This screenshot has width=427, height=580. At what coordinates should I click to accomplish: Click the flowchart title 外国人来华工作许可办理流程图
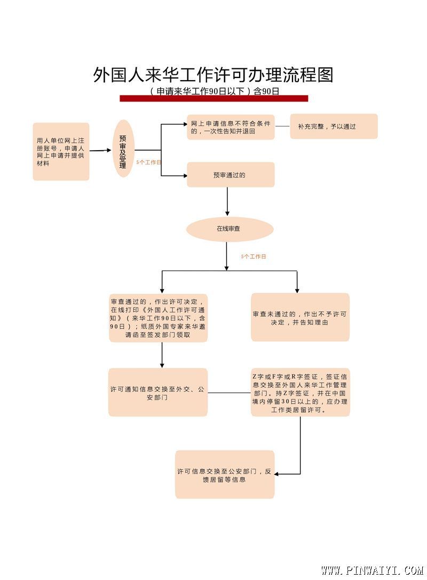(213, 74)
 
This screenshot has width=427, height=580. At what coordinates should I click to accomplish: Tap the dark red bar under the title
(213, 98)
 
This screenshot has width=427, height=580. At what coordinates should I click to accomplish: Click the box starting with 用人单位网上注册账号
(61, 152)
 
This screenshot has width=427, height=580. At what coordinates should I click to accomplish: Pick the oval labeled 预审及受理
(123, 148)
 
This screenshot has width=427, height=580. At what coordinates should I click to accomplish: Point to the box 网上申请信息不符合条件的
(231, 127)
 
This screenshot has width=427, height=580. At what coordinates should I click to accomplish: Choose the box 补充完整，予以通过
(334, 127)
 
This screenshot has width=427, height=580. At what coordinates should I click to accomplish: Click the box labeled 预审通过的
(231, 175)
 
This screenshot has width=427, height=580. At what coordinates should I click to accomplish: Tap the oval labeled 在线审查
(230, 229)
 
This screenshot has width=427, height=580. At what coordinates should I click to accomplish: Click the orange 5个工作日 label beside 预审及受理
(149, 162)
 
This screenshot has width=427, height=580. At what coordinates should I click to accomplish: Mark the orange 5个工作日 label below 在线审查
(254, 256)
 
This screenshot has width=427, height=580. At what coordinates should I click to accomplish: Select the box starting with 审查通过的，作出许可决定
(158, 318)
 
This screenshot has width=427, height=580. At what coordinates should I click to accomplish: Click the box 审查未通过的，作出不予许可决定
(300, 318)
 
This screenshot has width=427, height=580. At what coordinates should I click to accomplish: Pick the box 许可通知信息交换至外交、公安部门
(158, 393)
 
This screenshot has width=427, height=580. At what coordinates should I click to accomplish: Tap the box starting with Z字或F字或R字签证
(300, 393)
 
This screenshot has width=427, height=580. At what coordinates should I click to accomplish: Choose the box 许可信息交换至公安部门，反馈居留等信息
(225, 475)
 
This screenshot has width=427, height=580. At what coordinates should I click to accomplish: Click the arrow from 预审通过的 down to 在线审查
(227, 201)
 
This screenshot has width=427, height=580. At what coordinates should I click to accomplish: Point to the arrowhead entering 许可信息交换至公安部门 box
(278, 474)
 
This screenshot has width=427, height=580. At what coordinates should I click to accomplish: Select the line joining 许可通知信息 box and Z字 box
(229, 393)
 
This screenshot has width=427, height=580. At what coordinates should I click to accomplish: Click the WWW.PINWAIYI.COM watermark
(371, 570)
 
